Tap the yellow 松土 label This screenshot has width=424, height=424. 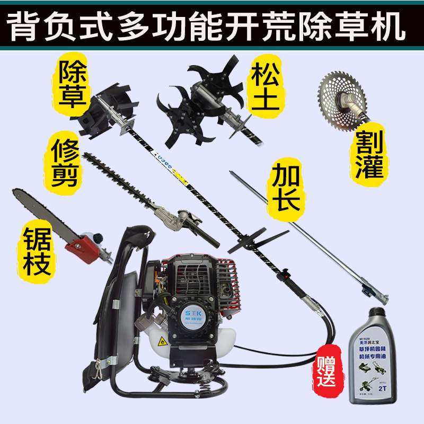click(x=263, y=84)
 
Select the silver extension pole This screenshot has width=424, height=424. click(x=307, y=234)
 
